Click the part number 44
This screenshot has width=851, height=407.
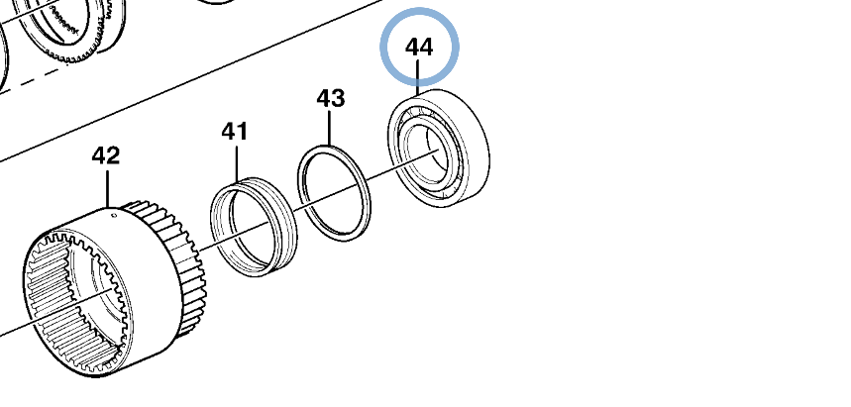(419, 48)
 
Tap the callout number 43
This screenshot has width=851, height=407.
(331, 99)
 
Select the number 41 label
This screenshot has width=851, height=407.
(235, 132)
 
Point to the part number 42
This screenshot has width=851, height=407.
(105, 156)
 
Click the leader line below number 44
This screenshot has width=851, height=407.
(417, 78)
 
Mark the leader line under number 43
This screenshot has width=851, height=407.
(330, 128)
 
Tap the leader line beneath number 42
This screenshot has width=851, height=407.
(107, 189)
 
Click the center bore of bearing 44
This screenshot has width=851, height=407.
(428, 153)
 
